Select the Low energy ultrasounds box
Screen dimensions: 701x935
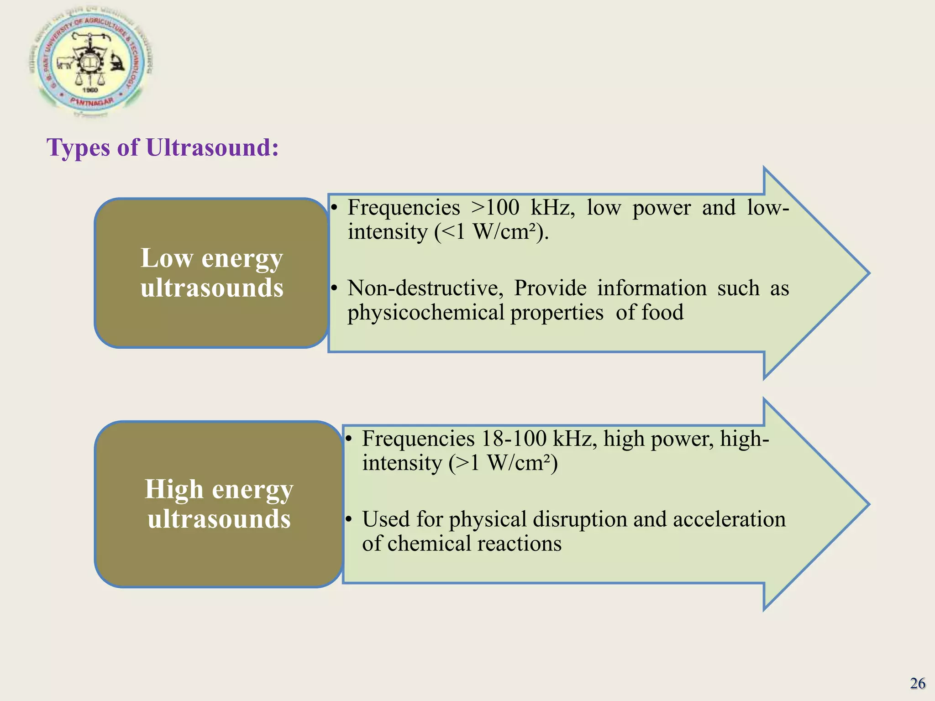click(x=211, y=273)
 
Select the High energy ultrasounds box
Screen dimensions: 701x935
click(x=219, y=504)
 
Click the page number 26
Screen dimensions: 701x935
click(x=918, y=683)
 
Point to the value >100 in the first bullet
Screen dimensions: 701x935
click(x=495, y=208)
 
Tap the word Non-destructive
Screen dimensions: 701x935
click(x=425, y=288)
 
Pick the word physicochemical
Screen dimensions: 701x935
click(x=426, y=313)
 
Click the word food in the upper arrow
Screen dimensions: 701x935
click(x=662, y=313)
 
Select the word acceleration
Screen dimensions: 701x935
click(x=729, y=519)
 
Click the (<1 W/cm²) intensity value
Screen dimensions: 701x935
click(x=491, y=232)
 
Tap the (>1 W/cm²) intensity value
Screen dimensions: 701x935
click(x=503, y=463)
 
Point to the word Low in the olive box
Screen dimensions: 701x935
click(x=167, y=258)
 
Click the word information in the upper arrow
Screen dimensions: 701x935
click(x=652, y=288)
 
